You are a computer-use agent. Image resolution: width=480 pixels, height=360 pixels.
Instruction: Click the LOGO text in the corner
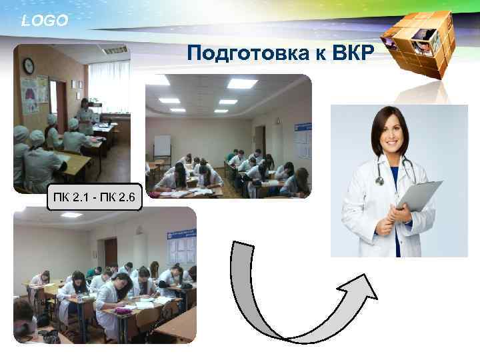point(44,21)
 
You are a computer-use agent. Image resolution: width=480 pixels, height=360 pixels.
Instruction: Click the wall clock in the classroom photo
point(29,65)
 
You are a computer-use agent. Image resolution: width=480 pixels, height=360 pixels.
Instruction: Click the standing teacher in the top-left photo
point(85,116)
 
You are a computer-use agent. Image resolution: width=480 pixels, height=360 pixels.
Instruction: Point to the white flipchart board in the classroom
point(162,146)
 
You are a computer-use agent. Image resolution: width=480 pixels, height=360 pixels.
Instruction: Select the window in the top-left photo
point(106,83)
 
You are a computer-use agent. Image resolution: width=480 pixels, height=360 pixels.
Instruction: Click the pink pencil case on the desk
point(123,310)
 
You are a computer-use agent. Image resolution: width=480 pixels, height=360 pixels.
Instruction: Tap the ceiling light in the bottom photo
point(71,215)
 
